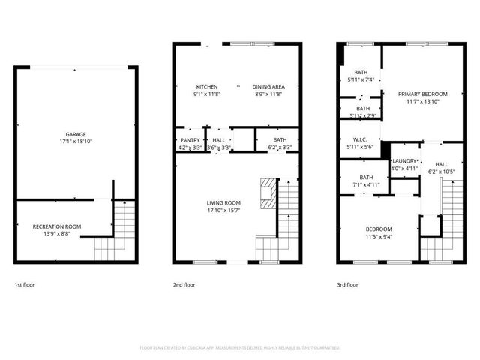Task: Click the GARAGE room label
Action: pyautogui.click(x=76, y=135)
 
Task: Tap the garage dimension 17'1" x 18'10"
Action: pyautogui.click(x=76, y=142)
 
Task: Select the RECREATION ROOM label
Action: pyautogui.click(x=57, y=226)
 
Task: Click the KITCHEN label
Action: pyautogui.click(x=207, y=86)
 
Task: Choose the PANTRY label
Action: pyautogui.click(x=190, y=140)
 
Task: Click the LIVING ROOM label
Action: pyautogui.click(x=223, y=202)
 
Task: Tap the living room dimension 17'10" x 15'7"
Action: pyautogui.click(x=223, y=210)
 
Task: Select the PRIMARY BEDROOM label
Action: pyautogui.click(x=427, y=94)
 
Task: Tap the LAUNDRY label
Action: pyautogui.click(x=404, y=161)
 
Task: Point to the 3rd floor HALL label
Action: pyautogui.click(x=441, y=164)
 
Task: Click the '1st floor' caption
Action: pyautogui.click(x=24, y=285)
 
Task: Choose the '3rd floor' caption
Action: pyautogui.click(x=347, y=285)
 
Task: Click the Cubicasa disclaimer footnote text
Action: pyautogui.click(x=240, y=348)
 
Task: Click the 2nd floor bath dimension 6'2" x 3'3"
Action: pyautogui.click(x=280, y=148)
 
